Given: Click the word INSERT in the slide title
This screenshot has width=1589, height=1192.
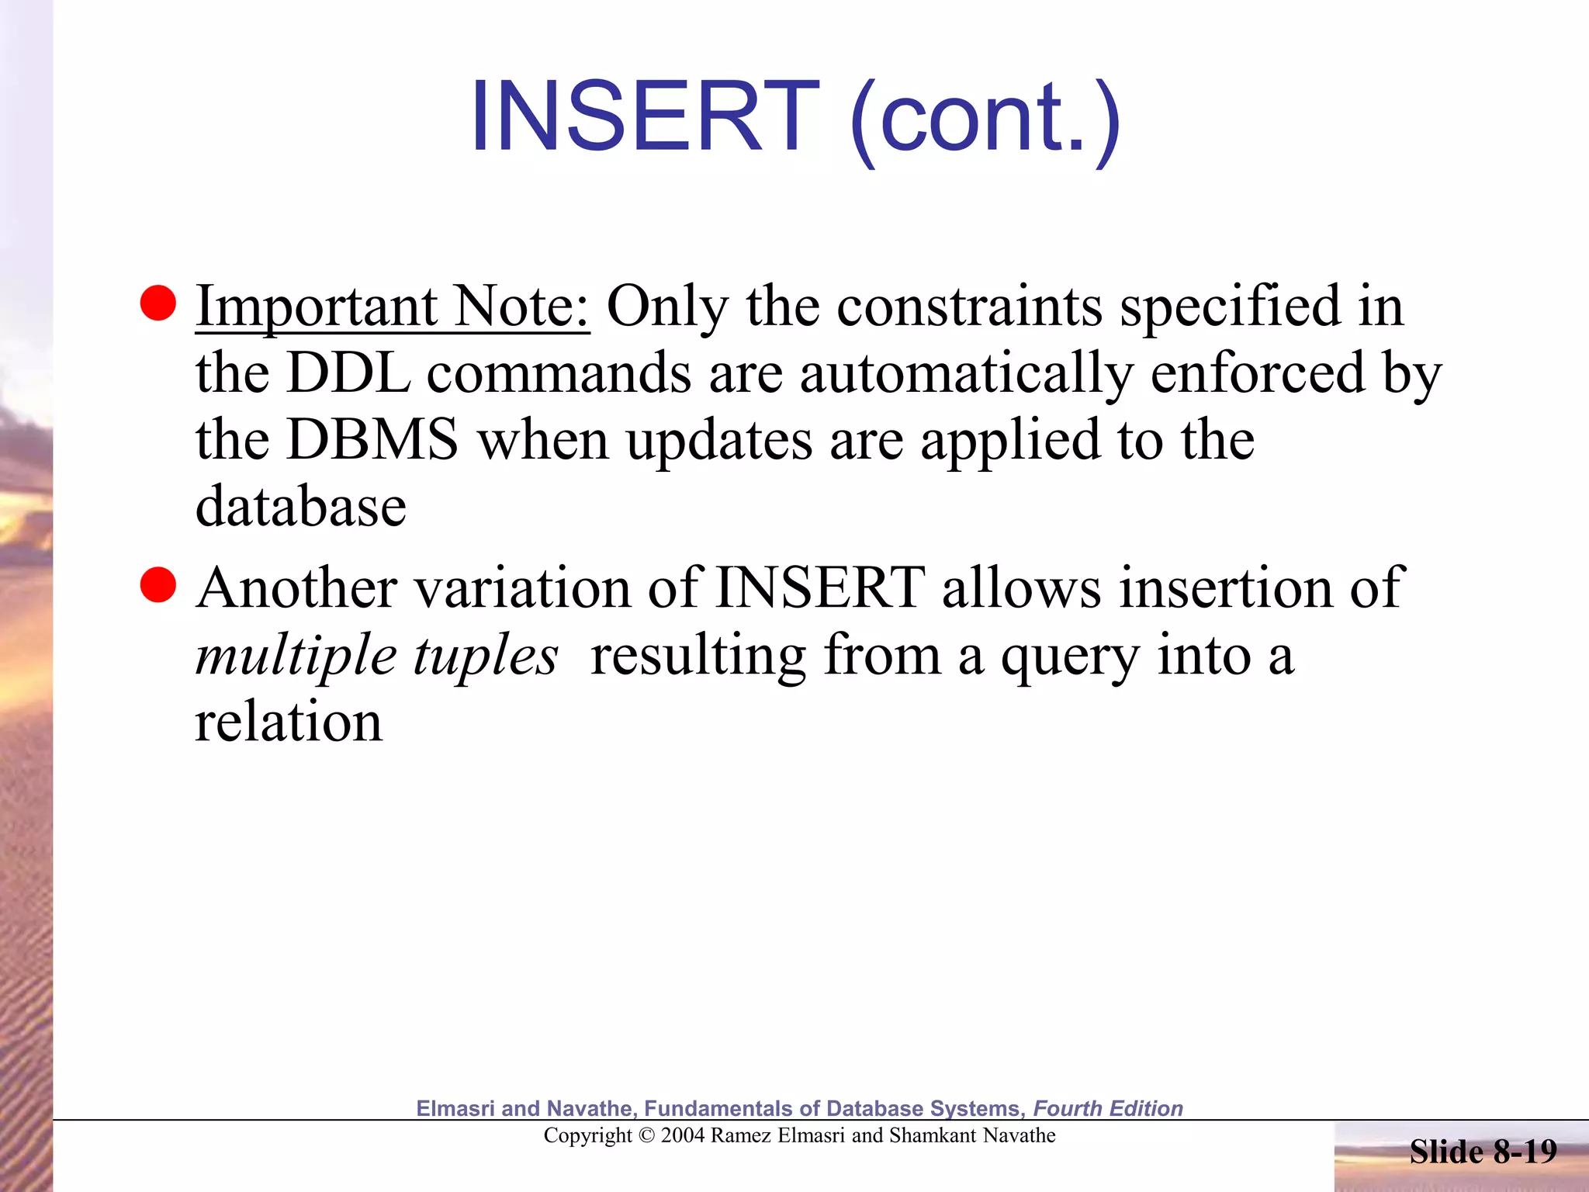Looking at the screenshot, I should [645, 117].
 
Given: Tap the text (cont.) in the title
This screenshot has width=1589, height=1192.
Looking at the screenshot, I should [985, 120].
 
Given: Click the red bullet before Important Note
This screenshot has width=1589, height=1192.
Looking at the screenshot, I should [158, 303].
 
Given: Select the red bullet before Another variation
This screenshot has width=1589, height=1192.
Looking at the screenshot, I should [158, 585].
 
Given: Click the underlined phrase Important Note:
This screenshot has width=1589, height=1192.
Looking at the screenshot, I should [392, 307].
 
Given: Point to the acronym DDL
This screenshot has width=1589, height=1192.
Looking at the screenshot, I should [348, 373].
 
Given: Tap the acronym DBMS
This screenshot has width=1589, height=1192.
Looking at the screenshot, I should [372, 440].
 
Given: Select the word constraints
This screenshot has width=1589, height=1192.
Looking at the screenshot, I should [969, 307].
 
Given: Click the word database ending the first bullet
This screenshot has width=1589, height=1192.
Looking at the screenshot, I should [300, 507].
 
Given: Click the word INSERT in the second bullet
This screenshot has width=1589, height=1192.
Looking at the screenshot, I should [820, 587].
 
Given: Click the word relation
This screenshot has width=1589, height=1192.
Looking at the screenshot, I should [288, 722].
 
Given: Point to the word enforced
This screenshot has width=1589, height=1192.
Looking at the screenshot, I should [1258, 373].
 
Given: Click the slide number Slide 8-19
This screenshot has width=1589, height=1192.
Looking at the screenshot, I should [1483, 1152].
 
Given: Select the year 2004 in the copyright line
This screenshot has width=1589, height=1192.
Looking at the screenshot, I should [683, 1136].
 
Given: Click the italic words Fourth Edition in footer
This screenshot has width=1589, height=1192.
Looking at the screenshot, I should [1107, 1108].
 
